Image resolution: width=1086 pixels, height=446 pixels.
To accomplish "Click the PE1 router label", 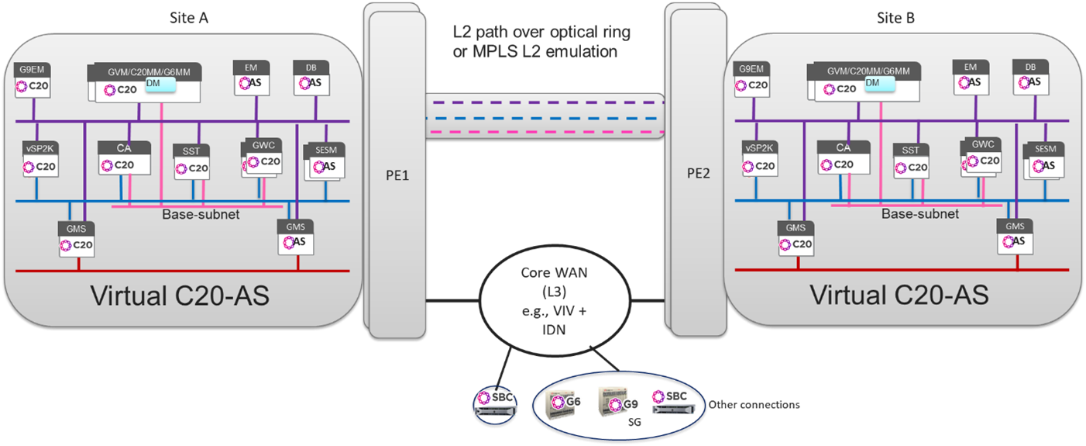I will click(x=400, y=176).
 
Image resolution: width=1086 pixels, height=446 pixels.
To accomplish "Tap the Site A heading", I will click(x=189, y=18).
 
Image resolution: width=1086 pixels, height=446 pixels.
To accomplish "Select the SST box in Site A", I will click(x=191, y=161).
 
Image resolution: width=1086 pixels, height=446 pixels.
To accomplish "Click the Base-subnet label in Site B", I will click(x=920, y=214).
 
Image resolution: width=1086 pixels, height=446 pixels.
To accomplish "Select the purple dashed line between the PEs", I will click(x=545, y=102).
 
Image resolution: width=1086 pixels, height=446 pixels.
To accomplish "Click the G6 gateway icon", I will click(x=563, y=403).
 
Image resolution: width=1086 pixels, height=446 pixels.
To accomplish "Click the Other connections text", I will click(x=754, y=405).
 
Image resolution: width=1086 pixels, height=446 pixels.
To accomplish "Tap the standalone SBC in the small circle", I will click(x=494, y=403).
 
